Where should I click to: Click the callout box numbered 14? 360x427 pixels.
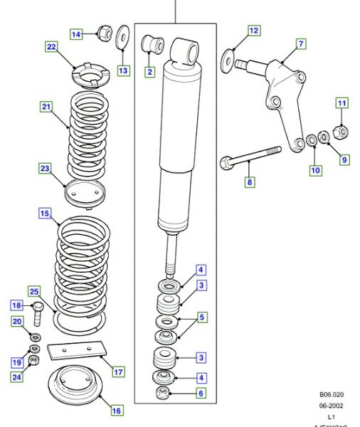point(76,33)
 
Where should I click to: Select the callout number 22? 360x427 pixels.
point(51,48)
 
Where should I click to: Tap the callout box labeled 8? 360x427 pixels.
point(250,182)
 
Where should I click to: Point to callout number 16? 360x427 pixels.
point(116,410)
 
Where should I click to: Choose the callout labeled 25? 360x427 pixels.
point(33,291)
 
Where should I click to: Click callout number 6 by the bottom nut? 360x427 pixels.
point(201,394)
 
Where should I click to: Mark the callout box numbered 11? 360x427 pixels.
point(342,104)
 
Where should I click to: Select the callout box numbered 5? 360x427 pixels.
point(201,317)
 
